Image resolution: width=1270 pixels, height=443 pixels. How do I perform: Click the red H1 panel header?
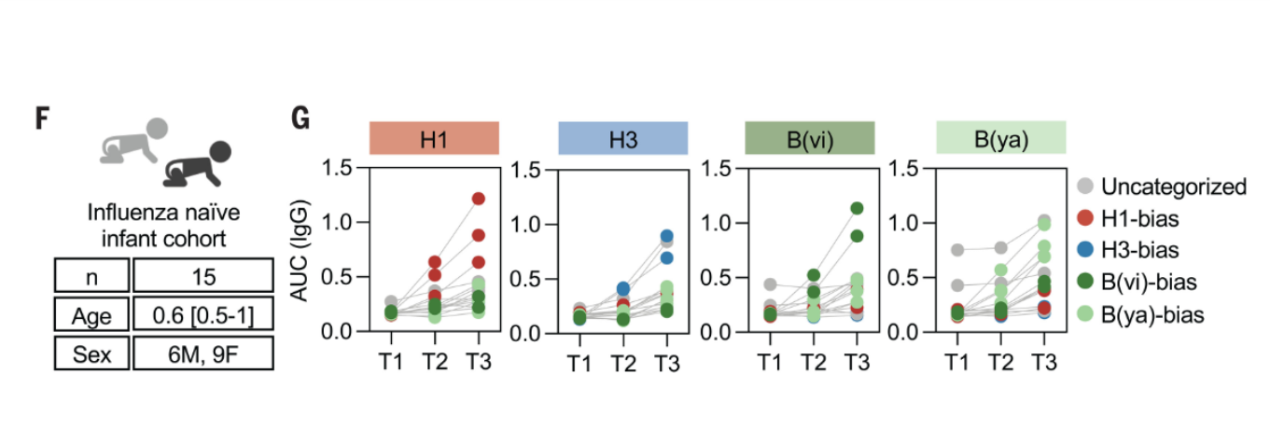pos(434,137)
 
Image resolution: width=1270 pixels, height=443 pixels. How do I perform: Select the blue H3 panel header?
pos(622,137)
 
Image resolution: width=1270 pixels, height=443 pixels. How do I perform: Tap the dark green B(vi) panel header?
pos(809,137)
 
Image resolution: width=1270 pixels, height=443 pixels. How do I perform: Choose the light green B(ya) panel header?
pos(1000,137)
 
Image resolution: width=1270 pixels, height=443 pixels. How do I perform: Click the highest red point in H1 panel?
pos(478,199)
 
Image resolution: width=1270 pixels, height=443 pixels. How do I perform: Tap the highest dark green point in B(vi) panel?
pos(856,208)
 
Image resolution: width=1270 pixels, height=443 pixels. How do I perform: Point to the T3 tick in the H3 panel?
pos(665,363)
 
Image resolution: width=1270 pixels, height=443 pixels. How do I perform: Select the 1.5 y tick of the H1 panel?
pos(339,169)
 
